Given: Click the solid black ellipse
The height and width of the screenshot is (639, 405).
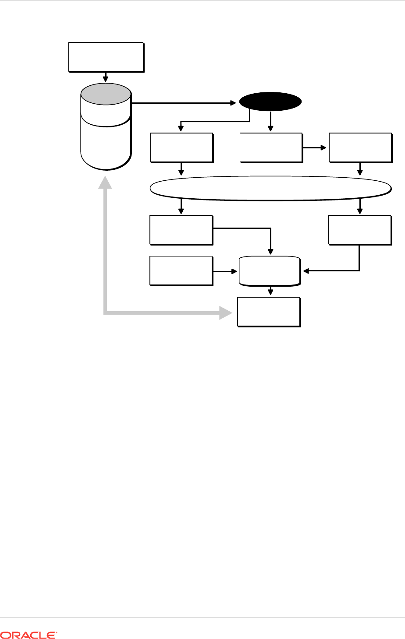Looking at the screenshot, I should (270, 102).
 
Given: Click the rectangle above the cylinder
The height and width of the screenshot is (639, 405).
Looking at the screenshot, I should (106, 56).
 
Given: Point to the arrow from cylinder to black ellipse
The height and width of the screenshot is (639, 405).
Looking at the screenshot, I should (184, 103).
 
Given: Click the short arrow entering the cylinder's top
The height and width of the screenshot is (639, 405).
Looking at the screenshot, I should (106, 77).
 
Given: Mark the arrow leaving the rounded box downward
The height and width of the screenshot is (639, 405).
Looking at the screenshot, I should (271, 291).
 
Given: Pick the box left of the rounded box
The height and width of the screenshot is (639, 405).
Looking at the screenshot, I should (181, 271).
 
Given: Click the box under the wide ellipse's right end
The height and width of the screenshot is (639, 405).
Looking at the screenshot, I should (359, 229).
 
